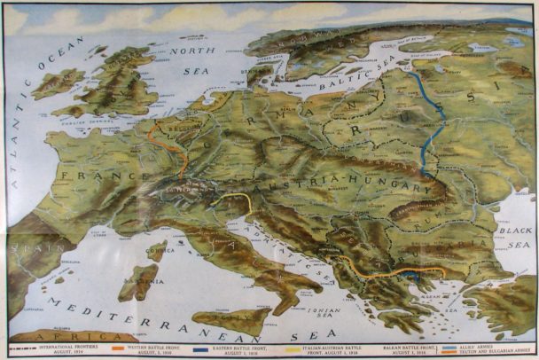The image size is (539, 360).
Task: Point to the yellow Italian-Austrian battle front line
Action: click(239, 200)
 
